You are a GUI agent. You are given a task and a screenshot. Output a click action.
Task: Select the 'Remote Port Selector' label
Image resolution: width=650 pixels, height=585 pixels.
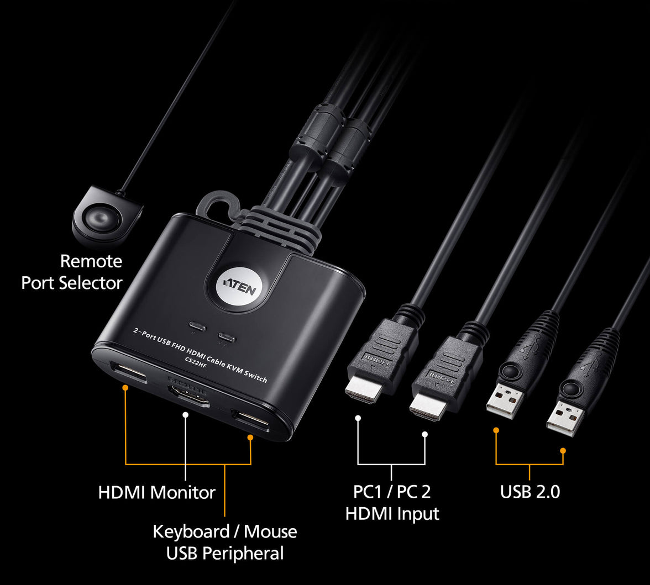click(x=72, y=272)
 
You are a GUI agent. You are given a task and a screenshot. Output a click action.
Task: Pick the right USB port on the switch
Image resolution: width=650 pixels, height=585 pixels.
click(x=250, y=421)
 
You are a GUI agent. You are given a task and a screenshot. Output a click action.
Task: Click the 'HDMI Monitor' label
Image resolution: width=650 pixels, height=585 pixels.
click(x=156, y=492)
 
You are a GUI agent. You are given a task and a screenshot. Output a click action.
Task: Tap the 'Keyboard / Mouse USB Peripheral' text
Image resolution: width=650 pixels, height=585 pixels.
click(x=224, y=542)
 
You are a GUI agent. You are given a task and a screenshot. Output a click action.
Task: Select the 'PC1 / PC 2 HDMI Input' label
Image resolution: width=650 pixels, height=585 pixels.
click(x=392, y=502)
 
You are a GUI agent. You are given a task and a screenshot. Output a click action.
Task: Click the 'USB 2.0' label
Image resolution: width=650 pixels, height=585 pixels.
click(x=530, y=492)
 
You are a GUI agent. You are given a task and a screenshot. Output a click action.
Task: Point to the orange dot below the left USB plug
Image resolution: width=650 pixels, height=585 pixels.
click(x=496, y=429)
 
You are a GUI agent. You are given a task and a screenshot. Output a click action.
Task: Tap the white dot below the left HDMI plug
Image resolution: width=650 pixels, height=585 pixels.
click(x=358, y=418)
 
